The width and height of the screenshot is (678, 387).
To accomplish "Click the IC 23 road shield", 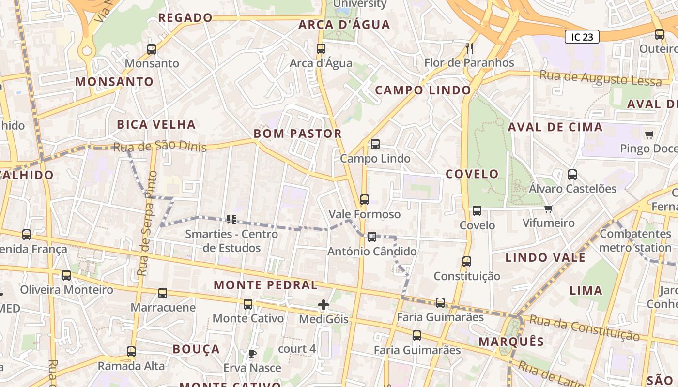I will pyautogui.click(x=582, y=37).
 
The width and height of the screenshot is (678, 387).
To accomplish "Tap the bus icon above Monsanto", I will pyautogui.click(x=152, y=49).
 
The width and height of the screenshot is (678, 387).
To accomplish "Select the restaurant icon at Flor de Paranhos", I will pyautogui.click(x=469, y=48).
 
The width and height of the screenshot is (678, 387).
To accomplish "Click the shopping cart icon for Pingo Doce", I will pyautogui.click(x=649, y=134).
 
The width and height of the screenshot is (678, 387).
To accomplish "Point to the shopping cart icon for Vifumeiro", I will pyautogui.click(x=548, y=209).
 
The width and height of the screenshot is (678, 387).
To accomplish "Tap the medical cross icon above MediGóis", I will pyautogui.click(x=324, y=305).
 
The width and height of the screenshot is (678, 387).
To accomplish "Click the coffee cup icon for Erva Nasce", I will pyautogui.click(x=251, y=354).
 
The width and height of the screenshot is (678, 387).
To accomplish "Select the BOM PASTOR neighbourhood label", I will pyautogui.click(x=298, y=134).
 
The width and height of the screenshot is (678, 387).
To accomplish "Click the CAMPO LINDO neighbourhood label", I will pyautogui.click(x=423, y=90).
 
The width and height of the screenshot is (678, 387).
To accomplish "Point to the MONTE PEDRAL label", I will pyautogui.click(x=265, y=285).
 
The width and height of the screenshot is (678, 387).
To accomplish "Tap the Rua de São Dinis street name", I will pyautogui.click(x=160, y=146).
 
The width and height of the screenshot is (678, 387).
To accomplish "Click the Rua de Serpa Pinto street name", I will pyautogui.click(x=147, y=223).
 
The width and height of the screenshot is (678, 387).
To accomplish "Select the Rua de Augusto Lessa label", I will pyautogui.click(x=601, y=77).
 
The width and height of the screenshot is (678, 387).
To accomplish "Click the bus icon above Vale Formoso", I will pyautogui.click(x=365, y=199).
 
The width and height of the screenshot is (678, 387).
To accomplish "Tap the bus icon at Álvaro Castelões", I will pyautogui.click(x=572, y=175).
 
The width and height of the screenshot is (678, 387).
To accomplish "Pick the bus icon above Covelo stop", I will pyautogui.click(x=477, y=211).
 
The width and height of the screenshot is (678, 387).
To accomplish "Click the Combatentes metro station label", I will pyautogui.click(x=635, y=240).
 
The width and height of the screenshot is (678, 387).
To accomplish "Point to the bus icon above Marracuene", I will pyautogui.click(x=163, y=293).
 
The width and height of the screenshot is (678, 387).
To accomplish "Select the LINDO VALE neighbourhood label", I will pyautogui.click(x=545, y=257).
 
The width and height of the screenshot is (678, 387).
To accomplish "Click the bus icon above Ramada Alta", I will pyautogui.click(x=131, y=352).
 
